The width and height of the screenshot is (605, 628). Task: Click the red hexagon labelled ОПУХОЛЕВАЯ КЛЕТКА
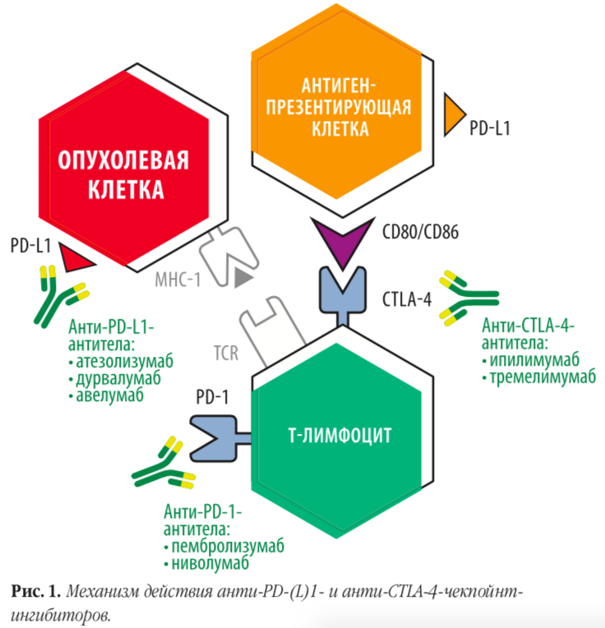tap(124, 169)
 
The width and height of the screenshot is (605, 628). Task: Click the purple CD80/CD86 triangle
tap(343, 239)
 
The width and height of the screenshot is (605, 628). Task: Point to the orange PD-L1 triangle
tap(453, 114)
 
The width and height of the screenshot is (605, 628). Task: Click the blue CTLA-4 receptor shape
tap(343, 296)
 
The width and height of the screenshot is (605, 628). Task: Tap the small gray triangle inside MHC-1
tap(242, 278)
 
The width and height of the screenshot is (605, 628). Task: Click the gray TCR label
tap(226, 353)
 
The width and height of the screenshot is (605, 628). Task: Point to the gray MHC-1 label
tap(178, 279)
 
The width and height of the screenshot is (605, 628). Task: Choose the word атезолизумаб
tap(124, 361)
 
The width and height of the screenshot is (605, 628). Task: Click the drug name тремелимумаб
tap(543, 377)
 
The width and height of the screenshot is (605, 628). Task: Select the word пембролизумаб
tap(228, 547)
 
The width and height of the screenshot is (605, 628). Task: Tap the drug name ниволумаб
tap(210, 564)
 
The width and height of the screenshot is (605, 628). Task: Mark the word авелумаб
tap(109, 395)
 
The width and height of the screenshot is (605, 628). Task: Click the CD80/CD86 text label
tap(420, 233)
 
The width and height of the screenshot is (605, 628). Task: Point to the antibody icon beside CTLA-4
tap(469, 298)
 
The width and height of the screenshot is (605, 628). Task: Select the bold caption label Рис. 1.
tap(35, 591)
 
